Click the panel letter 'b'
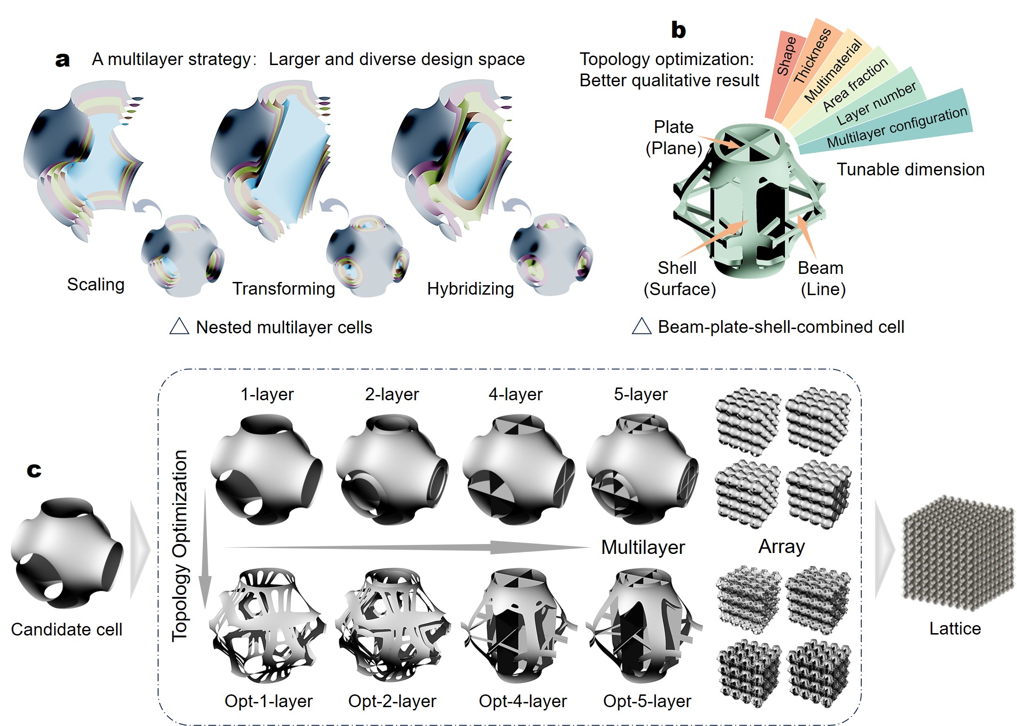click(x=678, y=30)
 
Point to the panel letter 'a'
click(x=62, y=60)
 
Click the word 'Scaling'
click(x=96, y=284)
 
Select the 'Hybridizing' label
click(x=470, y=289)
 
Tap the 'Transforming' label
click(x=284, y=289)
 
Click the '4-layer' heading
click(x=515, y=394)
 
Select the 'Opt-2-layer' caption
click(x=392, y=701)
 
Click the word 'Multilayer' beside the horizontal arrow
click(x=643, y=547)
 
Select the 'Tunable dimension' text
click(x=910, y=169)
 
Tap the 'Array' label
click(x=782, y=547)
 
